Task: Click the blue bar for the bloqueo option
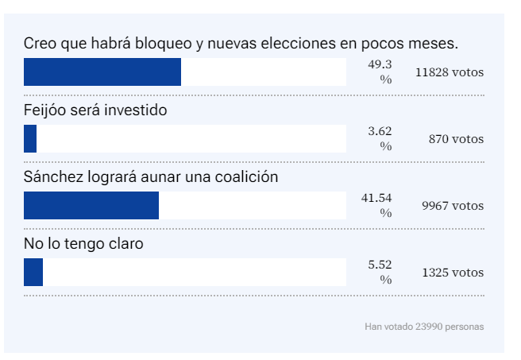tap(102, 72)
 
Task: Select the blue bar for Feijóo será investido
tap(30, 139)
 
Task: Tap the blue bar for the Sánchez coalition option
tap(91, 205)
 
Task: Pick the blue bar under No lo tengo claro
tap(33, 272)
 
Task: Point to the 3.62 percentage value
tap(386, 133)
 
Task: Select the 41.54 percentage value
tap(386, 199)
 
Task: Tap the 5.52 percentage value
tap(386, 265)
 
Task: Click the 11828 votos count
tap(449, 72)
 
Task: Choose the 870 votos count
tap(457, 139)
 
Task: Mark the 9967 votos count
tap(452, 205)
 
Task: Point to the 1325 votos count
tap(452, 272)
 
